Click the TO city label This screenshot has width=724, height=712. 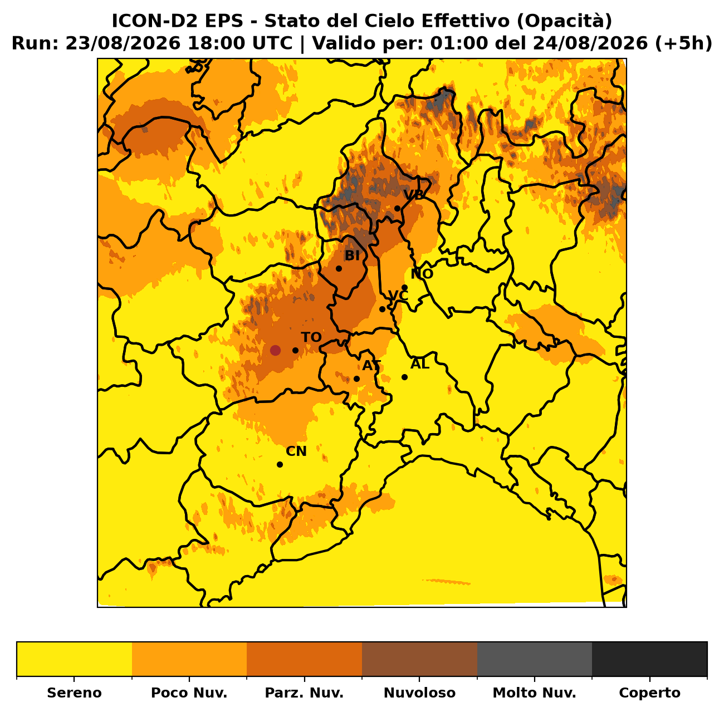click(311, 337)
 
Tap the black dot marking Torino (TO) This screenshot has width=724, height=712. click(295, 351)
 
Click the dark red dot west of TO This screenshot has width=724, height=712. click(275, 351)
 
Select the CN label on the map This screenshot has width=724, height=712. click(296, 451)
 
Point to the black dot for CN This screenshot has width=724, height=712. click(280, 465)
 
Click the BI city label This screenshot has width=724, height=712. click(352, 256)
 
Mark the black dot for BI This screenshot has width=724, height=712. click(339, 269)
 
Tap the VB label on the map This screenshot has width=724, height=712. click(413, 195)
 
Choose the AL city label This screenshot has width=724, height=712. click(420, 364)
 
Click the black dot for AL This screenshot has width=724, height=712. click(404, 377)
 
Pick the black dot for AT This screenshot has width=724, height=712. click(356, 379)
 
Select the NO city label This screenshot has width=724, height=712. click(422, 274)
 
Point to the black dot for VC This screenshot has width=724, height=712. click(382, 309)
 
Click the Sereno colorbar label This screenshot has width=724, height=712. click(74, 693)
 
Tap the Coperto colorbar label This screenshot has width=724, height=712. click(649, 693)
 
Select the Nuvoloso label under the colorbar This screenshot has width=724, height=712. click(419, 693)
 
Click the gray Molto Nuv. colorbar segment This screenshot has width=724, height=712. click(535, 659)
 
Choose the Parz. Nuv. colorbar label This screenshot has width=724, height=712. click(304, 693)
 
